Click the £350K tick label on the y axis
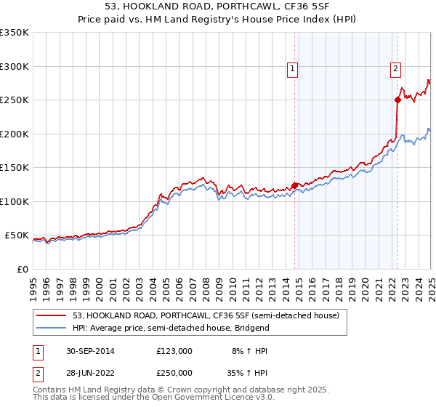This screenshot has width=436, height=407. [15, 33]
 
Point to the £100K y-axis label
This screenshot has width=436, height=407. [15, 201]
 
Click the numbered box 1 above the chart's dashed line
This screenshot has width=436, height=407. [292, 69]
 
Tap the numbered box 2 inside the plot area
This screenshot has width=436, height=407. [395, 69]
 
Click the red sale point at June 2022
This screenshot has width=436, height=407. [397, 100]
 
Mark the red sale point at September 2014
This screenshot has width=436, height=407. [294, 185]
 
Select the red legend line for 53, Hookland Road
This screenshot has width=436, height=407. [53, 315]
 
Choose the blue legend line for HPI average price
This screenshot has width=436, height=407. [53, 329]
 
